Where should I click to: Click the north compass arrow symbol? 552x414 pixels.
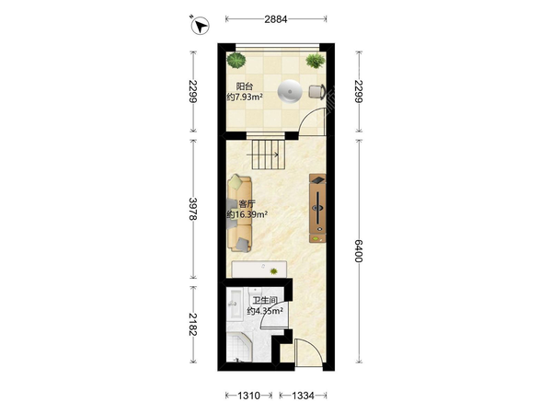point(200,26)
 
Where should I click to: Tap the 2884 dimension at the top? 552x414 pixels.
point(276,19)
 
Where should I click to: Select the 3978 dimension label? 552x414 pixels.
point(192,209)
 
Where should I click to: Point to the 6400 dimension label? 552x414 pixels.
point(359,251)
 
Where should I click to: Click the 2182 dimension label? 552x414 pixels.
point(192,324)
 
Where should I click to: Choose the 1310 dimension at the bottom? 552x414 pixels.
point(249,396)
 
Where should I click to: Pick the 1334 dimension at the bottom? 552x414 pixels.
point(303,396)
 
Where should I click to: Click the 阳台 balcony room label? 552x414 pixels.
point(245,86)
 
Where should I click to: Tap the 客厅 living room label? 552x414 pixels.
point(247,204)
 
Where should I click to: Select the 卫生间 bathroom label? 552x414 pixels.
point(265,300)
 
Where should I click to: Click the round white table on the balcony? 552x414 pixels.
point(290,91)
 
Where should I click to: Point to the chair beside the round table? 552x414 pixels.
point(316,91)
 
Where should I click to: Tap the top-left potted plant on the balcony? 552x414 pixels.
point(236,60)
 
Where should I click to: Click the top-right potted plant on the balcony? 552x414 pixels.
point(315,61)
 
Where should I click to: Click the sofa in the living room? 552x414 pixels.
point(240,214)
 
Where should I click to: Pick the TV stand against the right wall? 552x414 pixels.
point(317,208)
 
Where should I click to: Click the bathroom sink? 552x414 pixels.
point(234,304)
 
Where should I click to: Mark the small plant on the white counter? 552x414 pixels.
point(273,271)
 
